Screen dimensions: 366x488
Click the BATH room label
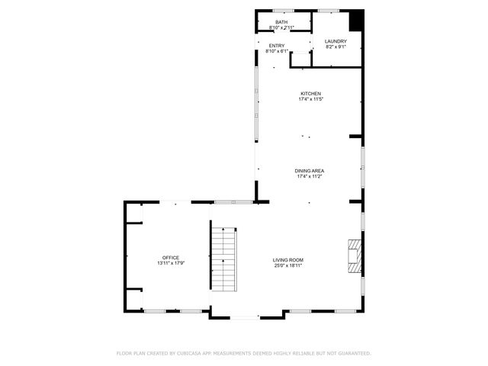tap(282, 22)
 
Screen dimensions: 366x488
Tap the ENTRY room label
tap(276, 46)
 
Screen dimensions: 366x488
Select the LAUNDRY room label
tap(335, 41)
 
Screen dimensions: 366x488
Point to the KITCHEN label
tap(310, 94)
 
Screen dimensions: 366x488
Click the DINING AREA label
tap(310, 171)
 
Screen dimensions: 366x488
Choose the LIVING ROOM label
tap(288, 261)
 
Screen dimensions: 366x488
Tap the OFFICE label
tap(170, 258)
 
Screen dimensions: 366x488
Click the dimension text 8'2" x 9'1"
tap(335, 47)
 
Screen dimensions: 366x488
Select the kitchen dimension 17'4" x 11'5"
tap(310, 99)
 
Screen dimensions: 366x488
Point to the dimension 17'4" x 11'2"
tap(310, 176)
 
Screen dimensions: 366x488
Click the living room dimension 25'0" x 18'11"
tap(288, 266)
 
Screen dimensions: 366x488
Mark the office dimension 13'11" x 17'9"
tap(170, 263)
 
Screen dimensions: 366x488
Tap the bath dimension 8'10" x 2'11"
tap(282, 27)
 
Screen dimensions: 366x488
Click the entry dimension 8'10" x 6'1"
tap(276, 51)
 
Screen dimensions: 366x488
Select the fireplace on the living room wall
tap(355, 255)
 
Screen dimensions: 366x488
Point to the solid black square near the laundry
tap(356, 19)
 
